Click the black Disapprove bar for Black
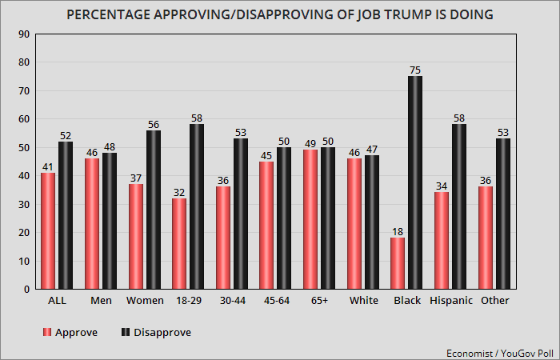click(x=416, y=182)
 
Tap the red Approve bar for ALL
click(x=48, y=230)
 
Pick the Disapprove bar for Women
click(x=154, y=210)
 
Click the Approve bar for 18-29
click(x=179, y=243)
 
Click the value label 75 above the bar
click(x=416, y=70)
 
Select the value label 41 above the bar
click(x=48, y=166)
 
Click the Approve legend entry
click(x=71, y=332)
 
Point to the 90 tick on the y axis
click(x=24, y=34)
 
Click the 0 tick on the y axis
click(x=27, y=289)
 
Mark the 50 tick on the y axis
click(x=24, y=148)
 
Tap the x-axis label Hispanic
click(x=450, y=301)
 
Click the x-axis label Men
click(x=101, y=301)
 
